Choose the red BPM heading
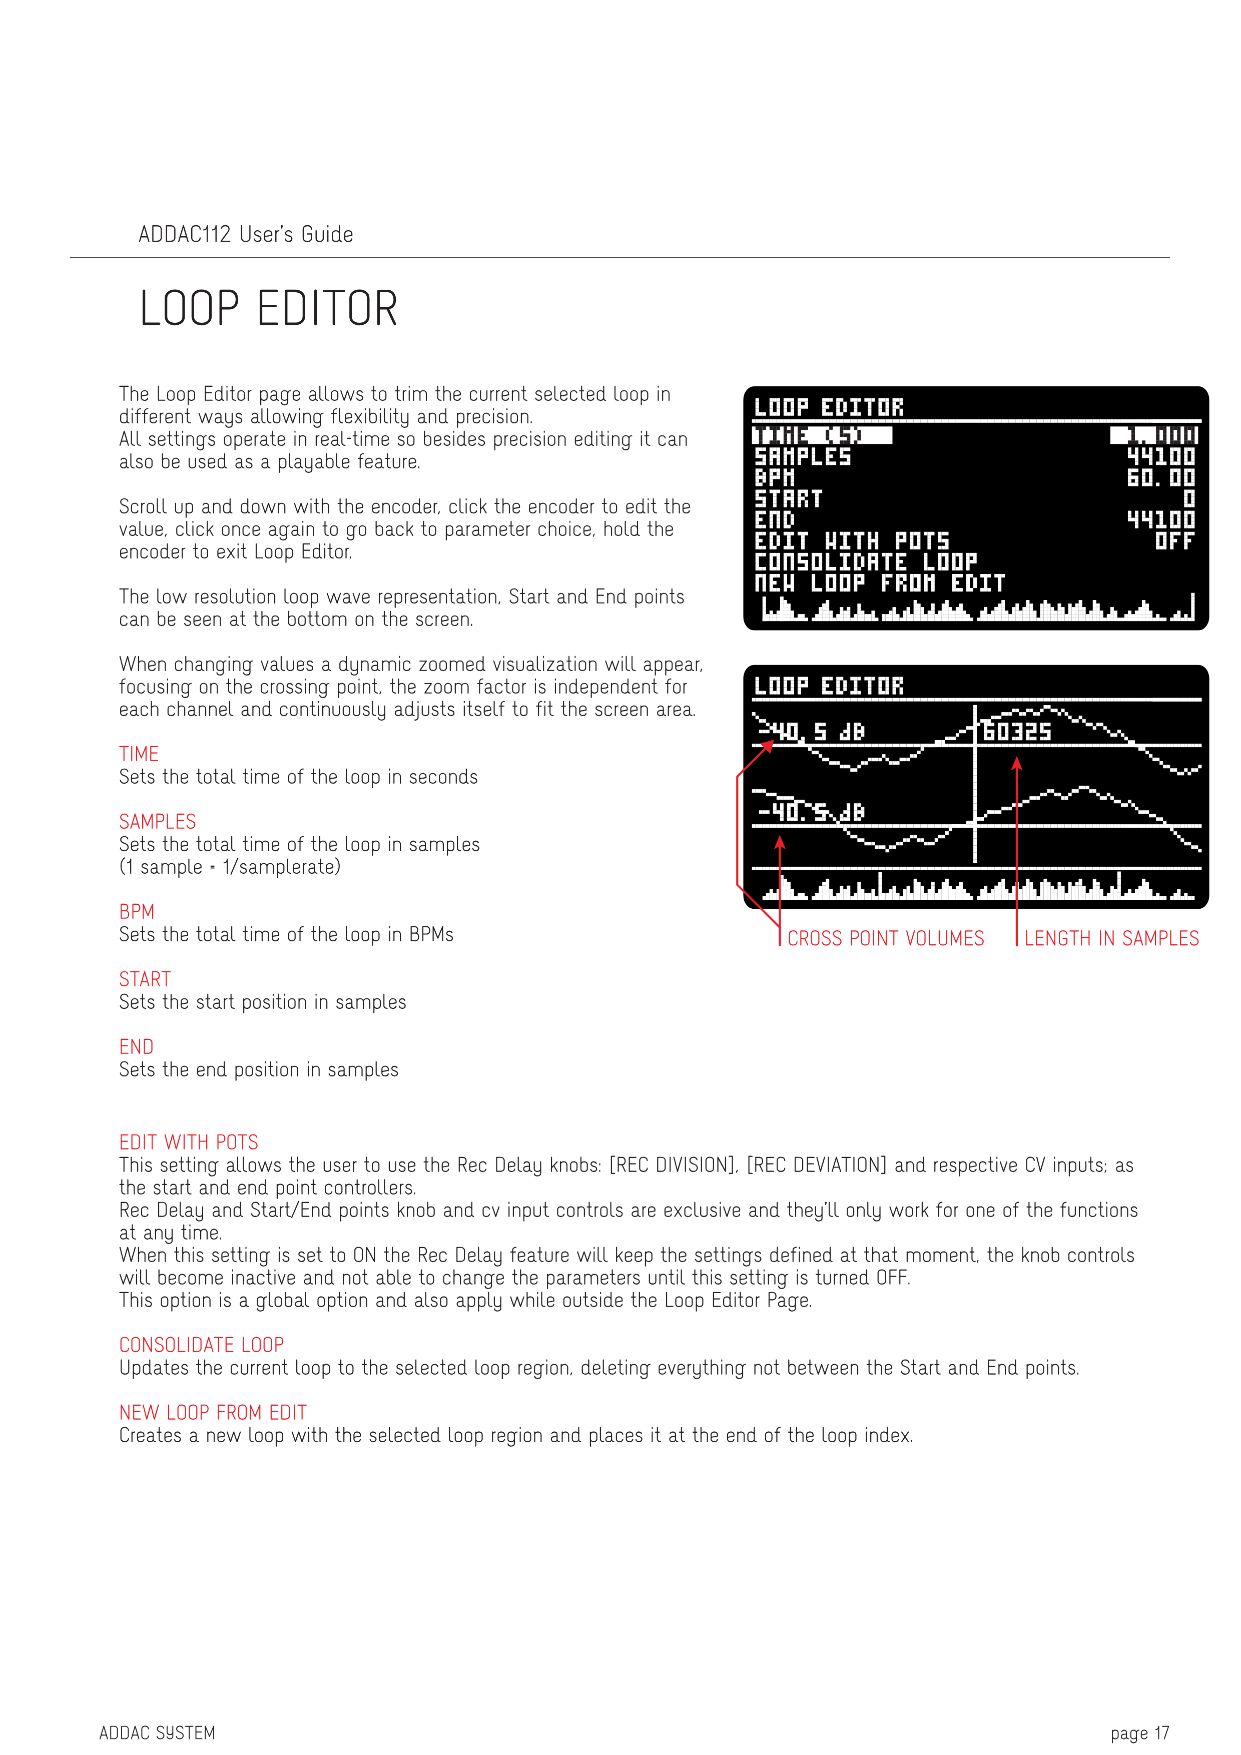point(137,911)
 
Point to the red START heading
point(145,979)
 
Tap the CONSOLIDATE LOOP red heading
point(201,1345)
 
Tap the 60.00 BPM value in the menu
point(1161,478)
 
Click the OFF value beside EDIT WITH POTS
point(1174,541)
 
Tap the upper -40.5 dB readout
point(812,732)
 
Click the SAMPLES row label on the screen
point(802,456)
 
